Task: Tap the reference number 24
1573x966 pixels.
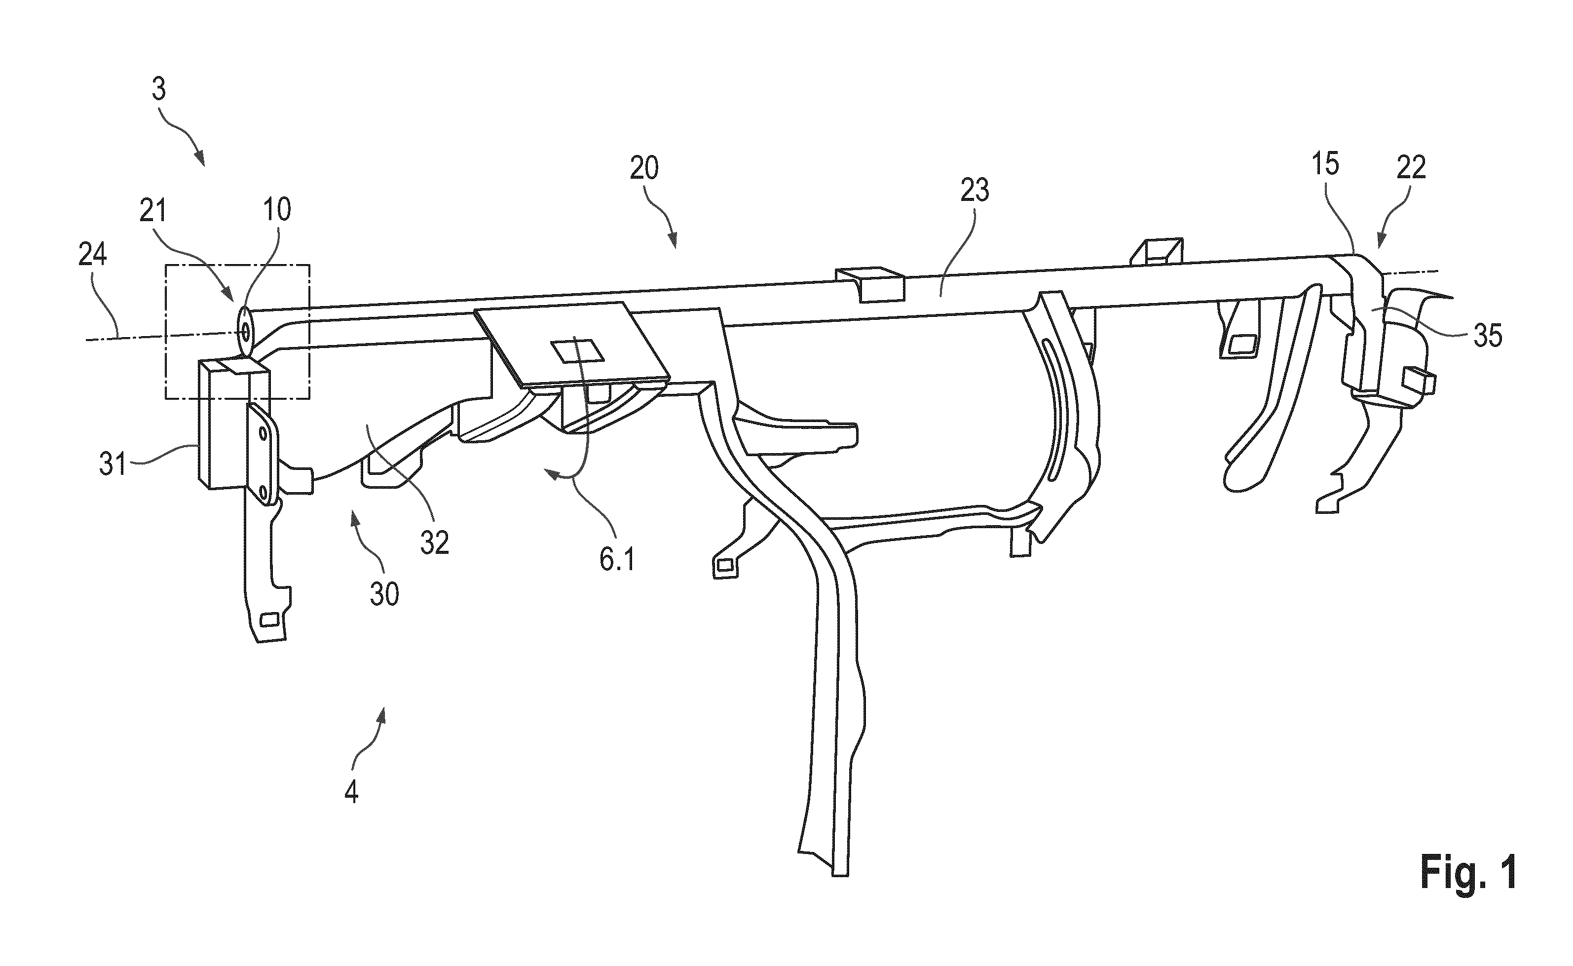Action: pyautogui.click(x=93, y=256)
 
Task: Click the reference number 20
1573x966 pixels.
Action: pyautogui.click(x=644, y=169)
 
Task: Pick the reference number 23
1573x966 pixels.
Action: pyautogui.click(x=974, y=191)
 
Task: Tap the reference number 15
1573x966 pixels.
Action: pyautogui.click(x=1326, y=164)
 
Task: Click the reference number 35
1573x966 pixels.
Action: pyautogui.click(x=1488, y=336)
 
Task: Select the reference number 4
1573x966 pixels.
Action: pyautogui.click(x=351, y=792)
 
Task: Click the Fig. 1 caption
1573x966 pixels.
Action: pyautogui.click(x=1468, y=873)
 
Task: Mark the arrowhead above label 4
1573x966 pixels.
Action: pyautogui.click(x=383, y=712)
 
